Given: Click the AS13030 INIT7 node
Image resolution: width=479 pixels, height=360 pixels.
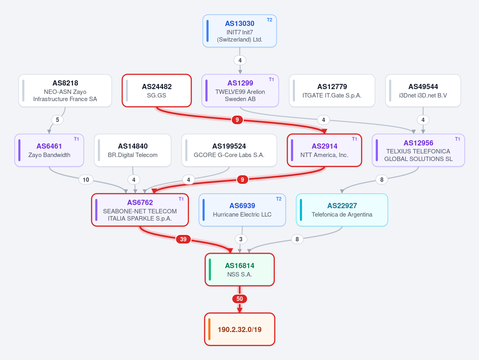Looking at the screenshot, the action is pyautogui.click(x=240, y=31).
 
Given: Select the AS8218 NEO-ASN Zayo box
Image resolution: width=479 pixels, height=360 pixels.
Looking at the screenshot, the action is pyautogui.click(x=65, y=90).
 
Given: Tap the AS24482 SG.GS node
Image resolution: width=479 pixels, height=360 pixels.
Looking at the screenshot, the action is pyautogui.click(x=157, y=90).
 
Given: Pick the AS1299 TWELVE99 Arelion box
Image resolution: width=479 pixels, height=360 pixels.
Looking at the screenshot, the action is pyautogui.click(x=240, y=90).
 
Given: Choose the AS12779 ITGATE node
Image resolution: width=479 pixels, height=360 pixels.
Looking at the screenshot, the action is pyautogui.click(x=332, y=90).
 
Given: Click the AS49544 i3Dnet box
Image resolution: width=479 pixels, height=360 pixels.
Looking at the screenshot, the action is pyautogui.click(x=423, y=90).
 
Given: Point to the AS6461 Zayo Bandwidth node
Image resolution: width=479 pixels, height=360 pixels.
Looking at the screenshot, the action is pyautogui.click(x=49, y=150).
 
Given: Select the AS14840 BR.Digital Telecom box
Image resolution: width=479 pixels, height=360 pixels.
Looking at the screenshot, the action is pyautogui.click(x=133, y=150).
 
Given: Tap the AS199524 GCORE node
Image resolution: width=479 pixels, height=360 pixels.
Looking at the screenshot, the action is pyautogui.click(x=229, y=150).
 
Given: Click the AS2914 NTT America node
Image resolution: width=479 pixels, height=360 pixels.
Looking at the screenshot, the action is pyautogui.click(x=324, y=150).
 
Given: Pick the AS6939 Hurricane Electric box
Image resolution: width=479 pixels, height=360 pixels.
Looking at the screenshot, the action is pyautogui.click(x=242, y=210).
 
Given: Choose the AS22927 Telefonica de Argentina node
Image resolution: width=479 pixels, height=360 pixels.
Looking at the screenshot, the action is pyautogui.click(x=342, y=210).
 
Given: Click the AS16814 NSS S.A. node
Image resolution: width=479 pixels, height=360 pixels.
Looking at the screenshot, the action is pyautogui.click(x=240, y=270).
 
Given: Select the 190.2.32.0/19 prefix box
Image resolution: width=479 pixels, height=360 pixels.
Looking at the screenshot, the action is pyautogui.click(x=240, y=329).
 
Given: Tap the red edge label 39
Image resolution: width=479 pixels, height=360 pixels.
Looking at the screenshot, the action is pyautogui.click(x=183, y=239).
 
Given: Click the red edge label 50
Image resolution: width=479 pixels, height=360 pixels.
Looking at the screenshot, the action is pyautogui.click(x=240, y=298).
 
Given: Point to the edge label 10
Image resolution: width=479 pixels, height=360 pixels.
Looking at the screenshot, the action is pyautogui.click(x=86, y=179).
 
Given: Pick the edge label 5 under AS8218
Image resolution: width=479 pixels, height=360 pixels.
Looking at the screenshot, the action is pyautogui.click(x=58, y=119).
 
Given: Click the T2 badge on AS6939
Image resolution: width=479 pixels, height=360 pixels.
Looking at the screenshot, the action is pyautogui.click(x=278, y=199).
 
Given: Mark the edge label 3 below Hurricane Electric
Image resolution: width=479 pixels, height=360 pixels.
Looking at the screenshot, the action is pyautogui.click(x=241, y=239).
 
